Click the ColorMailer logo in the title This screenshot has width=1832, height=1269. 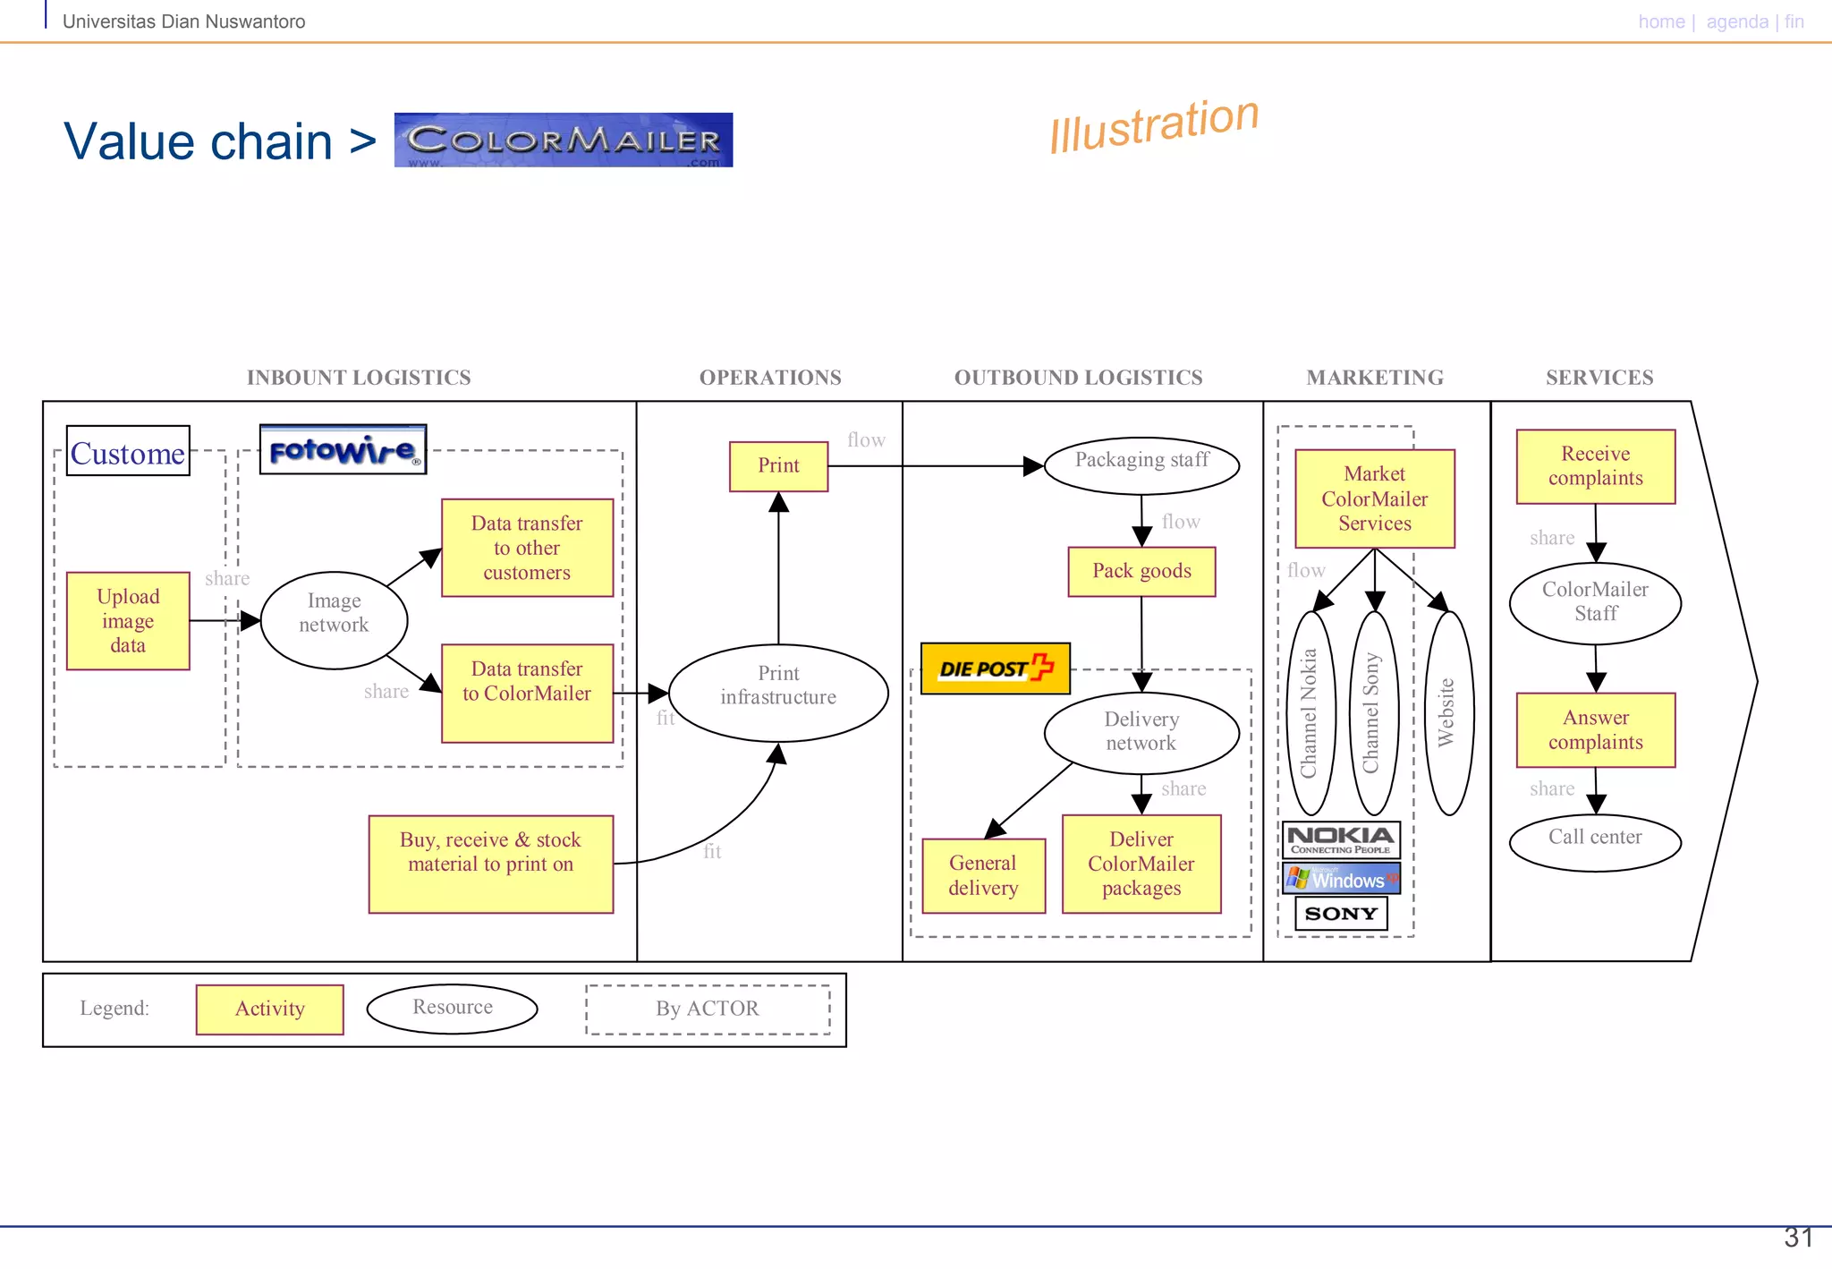click(x=563, y=140)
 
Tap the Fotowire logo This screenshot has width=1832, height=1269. click(x=343, y=449)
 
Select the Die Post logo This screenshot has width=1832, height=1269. click(x=995, y=668)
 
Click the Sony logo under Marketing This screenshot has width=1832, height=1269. click(x=1340, y=914)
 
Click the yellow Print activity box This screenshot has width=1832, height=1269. click(x=778, y=465)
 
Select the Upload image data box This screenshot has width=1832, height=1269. click(x=128, y=620)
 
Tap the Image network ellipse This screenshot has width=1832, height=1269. click(x=334, y=619)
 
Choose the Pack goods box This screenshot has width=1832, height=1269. click(x=1141, y=571)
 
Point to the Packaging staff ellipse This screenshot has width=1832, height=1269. click(x=1141, y=464)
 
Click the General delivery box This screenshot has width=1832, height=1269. click(x=983, y=875)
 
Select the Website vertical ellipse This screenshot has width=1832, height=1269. click(x=1447, y=712)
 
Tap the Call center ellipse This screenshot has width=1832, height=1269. click(x=1595, y=840)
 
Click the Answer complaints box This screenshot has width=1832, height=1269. click(x=1595, y=729)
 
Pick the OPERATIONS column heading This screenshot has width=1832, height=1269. click(x=770, y=378)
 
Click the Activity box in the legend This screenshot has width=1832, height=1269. click(x=269, y=1009)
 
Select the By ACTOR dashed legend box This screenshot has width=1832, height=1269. click(x=707, y=1009)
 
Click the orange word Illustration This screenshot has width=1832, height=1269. click(x=1154, y=124)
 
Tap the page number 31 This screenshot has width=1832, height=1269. click(x=1798, y=1237)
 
